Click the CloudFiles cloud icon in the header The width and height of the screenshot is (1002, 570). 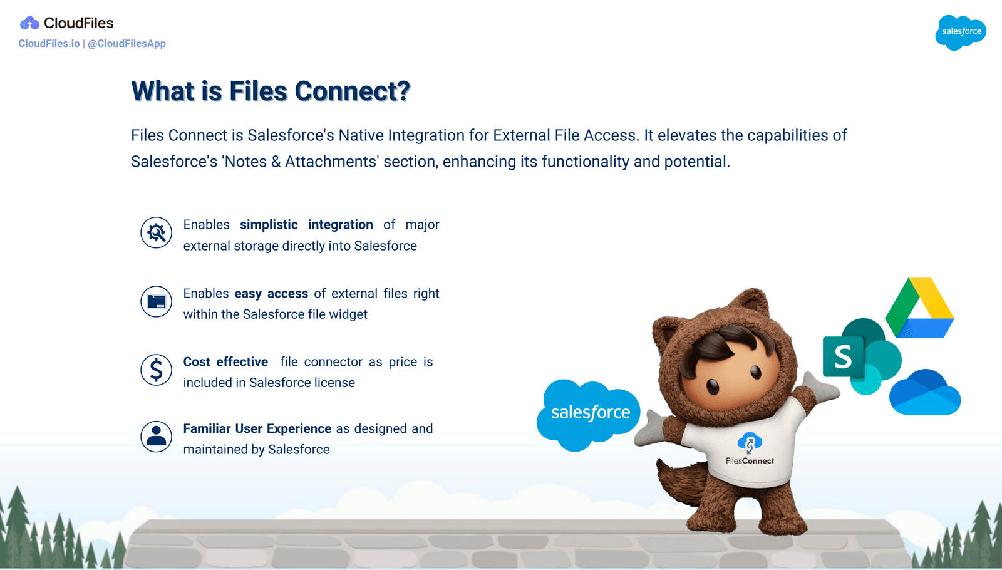pos(29,24)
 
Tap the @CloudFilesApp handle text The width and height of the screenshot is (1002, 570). pos(127,44)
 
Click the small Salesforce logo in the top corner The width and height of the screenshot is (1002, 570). pos(961,32)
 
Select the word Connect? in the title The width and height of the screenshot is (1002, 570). pos(352,91)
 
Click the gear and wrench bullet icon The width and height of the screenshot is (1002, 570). pos(156,233)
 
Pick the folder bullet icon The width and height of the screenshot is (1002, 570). pos(156,301)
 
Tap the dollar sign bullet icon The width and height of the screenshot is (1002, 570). pos(156,370)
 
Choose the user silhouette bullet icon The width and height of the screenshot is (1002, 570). pos(156,437)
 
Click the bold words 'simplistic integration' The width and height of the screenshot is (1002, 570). pos(306,225)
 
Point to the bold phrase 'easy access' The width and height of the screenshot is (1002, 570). pos(271,294)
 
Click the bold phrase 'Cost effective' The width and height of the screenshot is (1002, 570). pos(225,362)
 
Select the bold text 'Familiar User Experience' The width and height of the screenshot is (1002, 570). pos(257,429)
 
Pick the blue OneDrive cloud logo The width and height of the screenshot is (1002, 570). pos(925,393)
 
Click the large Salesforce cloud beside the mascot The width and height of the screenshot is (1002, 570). pos(589,413)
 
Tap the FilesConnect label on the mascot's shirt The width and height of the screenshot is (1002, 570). pos(750,461)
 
